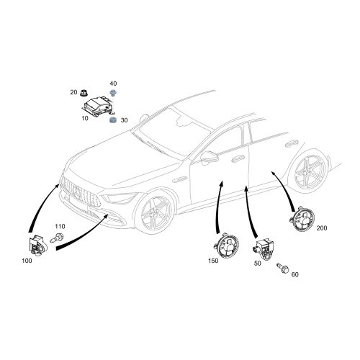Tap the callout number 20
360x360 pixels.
73,92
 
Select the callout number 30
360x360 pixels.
125,120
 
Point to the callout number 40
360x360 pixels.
114,84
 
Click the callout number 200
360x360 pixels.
321,228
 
